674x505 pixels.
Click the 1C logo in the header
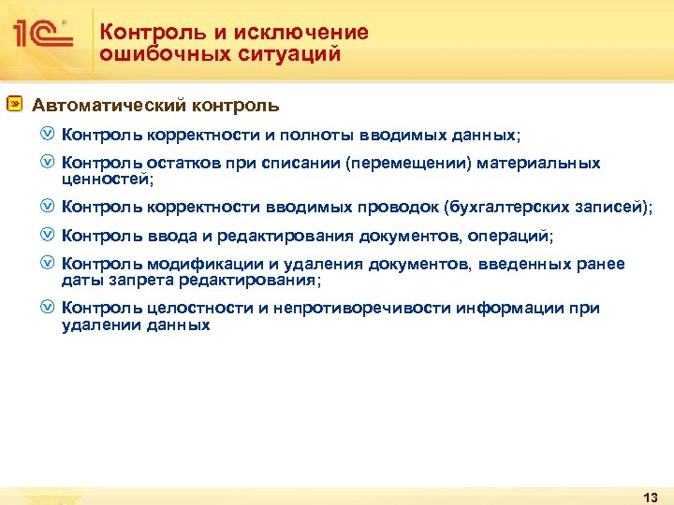pyautogui.click(x=42, y=36)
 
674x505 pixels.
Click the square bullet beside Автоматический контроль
pyautogui.click(x=15, y=105)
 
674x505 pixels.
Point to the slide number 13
pyautogui.click(x=652, y=496)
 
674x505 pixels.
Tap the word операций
pyautogui.click(x=512, y=236)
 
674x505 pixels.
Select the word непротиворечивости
pyautogui.click(x=359, y=308)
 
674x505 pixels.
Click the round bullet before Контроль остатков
pyautogui.click(x=49, y=164)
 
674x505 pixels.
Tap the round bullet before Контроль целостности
pyautogui.click(x=49, y=308)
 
